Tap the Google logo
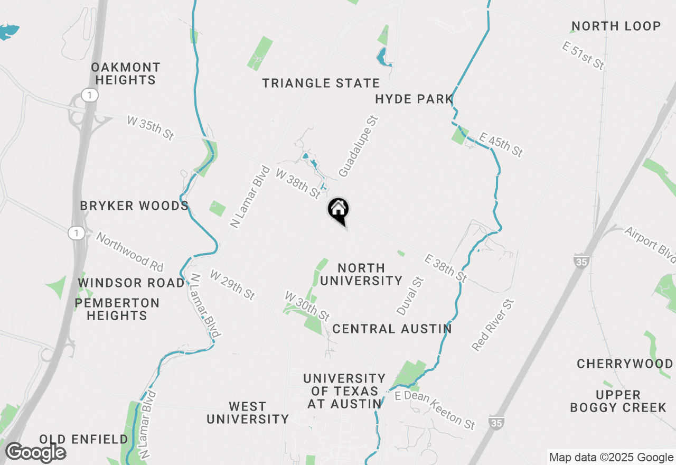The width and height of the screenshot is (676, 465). (35, 452)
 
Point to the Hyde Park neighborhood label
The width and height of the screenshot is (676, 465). (414, 99)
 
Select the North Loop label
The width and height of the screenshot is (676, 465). (616, 26)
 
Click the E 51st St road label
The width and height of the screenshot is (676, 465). (583, 57)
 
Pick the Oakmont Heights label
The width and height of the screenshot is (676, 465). (126, 73)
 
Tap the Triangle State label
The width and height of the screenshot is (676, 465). (321, 83)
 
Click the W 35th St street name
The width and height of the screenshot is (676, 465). (151, 128)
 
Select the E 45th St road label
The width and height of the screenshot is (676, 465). (501, 145)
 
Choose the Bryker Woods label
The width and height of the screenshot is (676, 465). (134, 206)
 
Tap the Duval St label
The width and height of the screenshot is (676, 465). (410, 295)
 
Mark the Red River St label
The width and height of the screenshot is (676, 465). (493, 324)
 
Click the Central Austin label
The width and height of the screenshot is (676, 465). (392, 329)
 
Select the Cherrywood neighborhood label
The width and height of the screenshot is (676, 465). (624, 364)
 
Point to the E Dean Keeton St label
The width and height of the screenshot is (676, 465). (434, 410)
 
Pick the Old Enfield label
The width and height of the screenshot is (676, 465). (84, 439)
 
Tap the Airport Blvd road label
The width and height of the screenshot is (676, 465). (650, 245)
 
